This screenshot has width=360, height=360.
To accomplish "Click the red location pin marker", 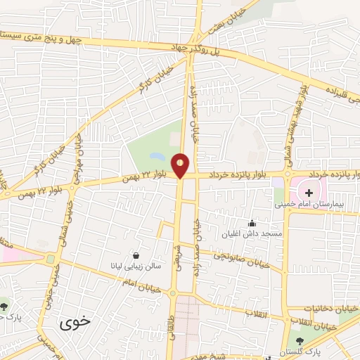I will [181, 165].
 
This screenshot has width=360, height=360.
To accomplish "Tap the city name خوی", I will [75, 321].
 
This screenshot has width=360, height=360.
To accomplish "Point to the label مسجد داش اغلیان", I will [252, 233].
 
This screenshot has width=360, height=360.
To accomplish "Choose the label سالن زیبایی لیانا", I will [135, 266].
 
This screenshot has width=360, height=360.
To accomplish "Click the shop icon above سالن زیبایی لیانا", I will [135, 255].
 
